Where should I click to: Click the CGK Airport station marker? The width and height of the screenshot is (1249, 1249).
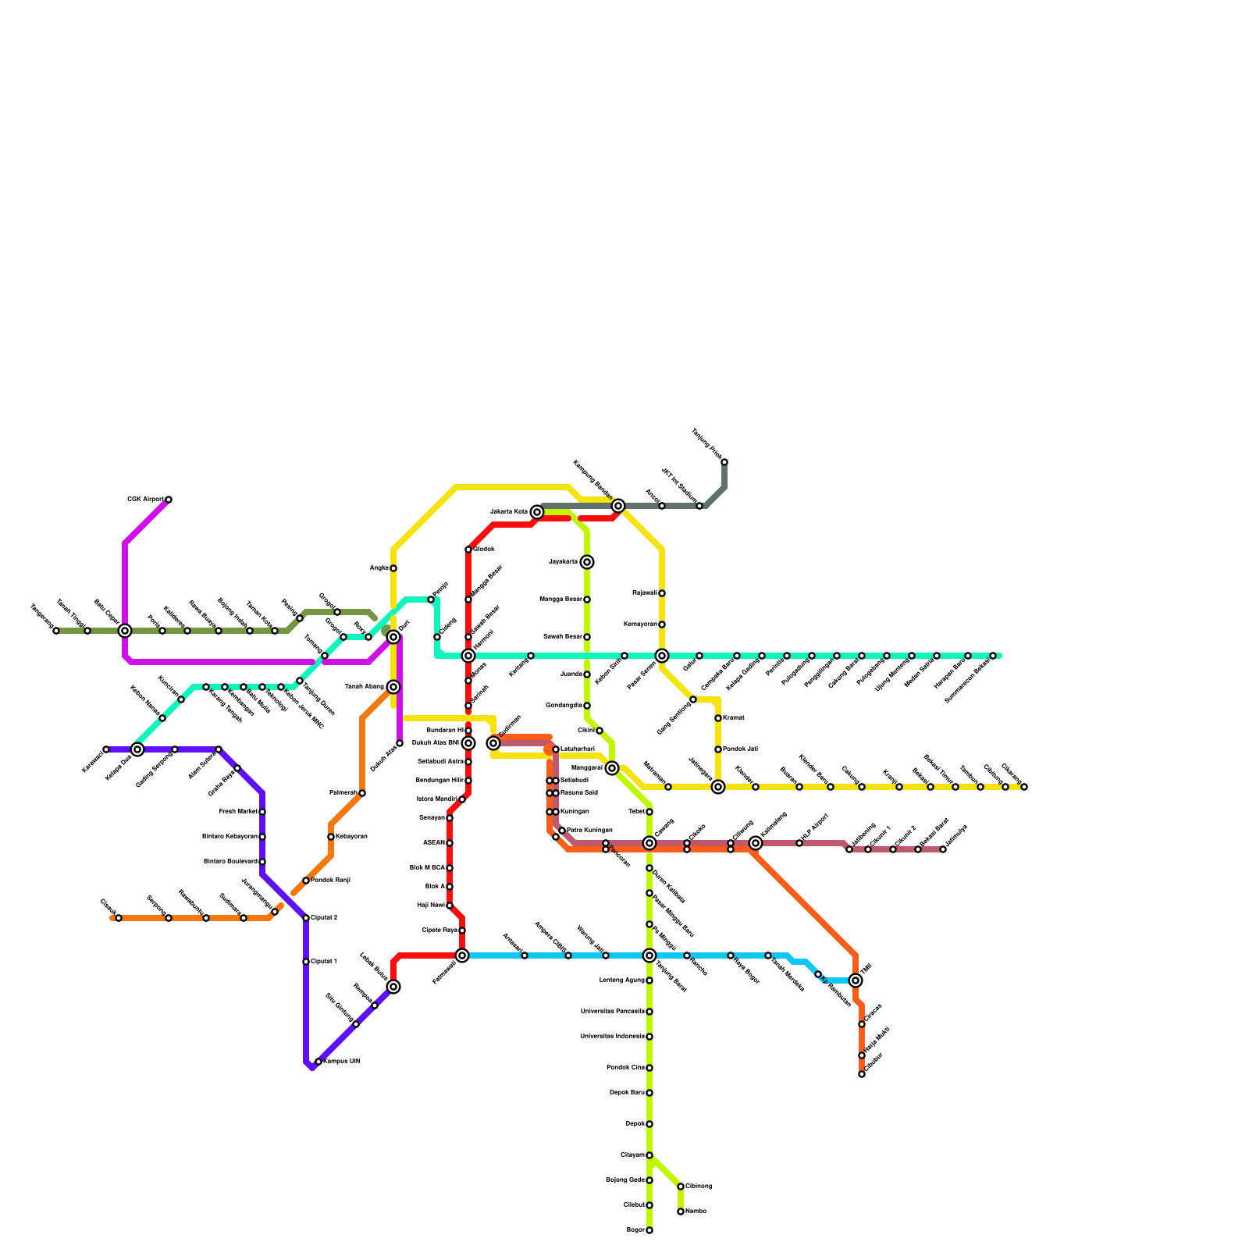[169, 500]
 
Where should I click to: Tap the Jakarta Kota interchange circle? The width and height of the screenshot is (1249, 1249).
[537, 512]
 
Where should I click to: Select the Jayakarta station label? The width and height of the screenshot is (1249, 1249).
[563, 562]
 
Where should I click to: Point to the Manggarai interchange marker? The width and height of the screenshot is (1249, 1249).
[612, 768]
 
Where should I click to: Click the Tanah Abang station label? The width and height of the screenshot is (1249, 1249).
[364, 687]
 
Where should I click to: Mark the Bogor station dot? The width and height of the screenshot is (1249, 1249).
[649, 1230]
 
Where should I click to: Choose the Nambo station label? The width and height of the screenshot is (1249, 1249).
[696, 1212]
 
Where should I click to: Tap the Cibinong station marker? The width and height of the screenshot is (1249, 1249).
[681, 1187]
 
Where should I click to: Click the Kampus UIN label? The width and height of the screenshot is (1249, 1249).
[342, 1062]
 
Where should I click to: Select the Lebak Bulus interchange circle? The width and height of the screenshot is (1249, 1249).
[393, 987]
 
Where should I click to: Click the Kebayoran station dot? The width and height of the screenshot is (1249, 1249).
[331, 837]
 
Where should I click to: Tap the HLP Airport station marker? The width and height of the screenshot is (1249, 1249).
[799, 843]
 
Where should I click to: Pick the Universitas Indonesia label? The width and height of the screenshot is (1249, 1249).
[612, 1037]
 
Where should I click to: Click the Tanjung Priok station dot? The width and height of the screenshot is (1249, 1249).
[724, 462]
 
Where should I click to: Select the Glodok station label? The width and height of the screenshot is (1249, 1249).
[484, 550]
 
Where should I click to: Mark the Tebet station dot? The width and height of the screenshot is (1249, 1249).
[649, 812]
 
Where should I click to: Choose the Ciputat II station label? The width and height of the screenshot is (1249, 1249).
[324, 918]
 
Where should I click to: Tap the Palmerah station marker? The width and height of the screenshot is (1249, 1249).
[362, 793]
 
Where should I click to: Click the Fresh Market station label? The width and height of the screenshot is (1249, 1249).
[238, 812]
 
